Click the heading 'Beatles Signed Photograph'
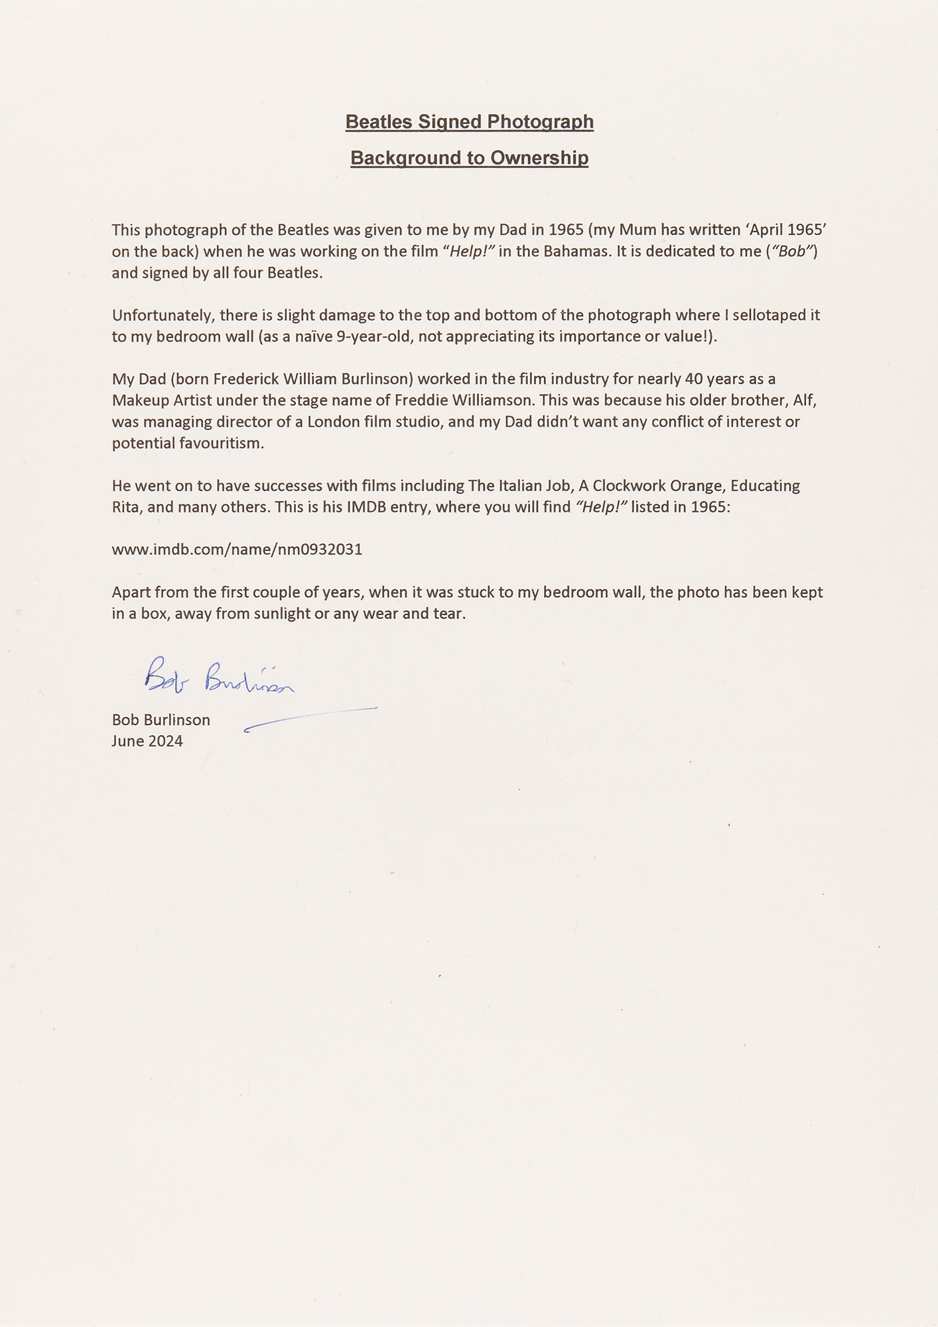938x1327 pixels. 469,122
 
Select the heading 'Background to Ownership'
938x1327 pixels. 469,158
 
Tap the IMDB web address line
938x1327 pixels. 237,549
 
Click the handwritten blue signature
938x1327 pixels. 218,677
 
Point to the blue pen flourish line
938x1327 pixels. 310,719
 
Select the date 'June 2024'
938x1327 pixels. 147,741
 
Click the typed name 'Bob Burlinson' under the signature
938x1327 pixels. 161,720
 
